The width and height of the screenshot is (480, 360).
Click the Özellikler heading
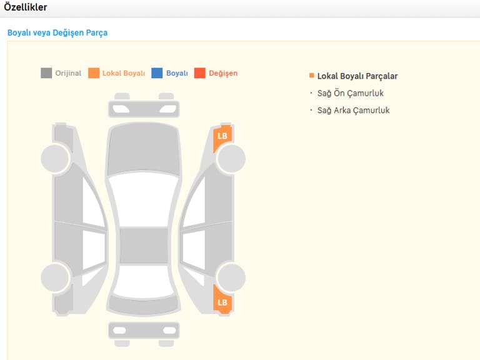click(x=26, y=7)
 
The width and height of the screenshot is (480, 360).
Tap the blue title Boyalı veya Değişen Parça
click(x=57, y=32)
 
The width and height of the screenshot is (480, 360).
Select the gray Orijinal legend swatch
click(x=46, y=73)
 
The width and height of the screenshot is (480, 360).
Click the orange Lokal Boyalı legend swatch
click(x=94, y=73)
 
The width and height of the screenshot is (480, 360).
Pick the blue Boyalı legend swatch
click(x=157, y=73)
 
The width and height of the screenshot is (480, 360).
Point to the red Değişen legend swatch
click(x=200, y=73)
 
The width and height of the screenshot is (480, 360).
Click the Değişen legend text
click(x=223, y=73)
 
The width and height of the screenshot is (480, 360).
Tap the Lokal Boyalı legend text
click(x=124, y=73)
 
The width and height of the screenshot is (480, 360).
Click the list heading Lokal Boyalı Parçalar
click(x=357, y=76)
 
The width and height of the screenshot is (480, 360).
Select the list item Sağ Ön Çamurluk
click(x=350, y=93)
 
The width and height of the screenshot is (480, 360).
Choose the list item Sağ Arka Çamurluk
click(x=353, y=111)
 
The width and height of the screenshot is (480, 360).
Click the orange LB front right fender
click(x=222, y=137)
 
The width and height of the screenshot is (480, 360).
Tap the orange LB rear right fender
click(x=222, y=301)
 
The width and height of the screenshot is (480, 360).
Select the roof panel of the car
click(x=144, y=245)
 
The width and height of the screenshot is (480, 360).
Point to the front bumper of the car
click(x=144, y=109)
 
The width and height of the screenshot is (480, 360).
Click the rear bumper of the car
click(x=144, y=330)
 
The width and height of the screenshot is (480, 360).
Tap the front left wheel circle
click(x=56, y=159)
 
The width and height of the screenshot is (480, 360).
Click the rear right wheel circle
click(x=231, y=277)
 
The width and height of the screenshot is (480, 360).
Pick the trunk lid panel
click(x=144, y=305)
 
